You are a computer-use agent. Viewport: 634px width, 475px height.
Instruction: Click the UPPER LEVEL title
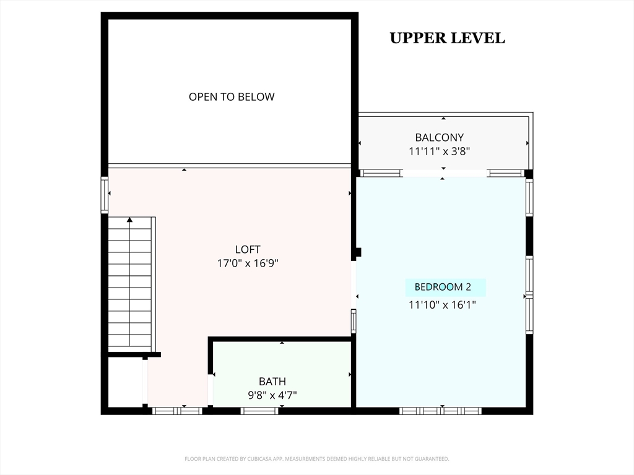[x=447, y=38]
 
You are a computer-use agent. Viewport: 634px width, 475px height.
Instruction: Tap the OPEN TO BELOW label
[x=232, y=97]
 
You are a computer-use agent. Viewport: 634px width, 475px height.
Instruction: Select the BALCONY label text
[x=440, y=138]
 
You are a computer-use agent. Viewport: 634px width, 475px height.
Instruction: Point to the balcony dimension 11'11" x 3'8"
[x=439, y=152]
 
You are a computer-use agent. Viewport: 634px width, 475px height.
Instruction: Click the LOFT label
[x=248, y=250]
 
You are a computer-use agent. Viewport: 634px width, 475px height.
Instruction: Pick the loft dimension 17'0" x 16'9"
[x=248, y=263]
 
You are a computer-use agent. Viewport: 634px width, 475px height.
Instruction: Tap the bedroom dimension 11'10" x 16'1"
[x=442, y=304]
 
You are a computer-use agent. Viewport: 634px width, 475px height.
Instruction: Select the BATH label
[x=272, y=381]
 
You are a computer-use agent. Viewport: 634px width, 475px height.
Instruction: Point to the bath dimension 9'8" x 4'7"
[x=272, y=395]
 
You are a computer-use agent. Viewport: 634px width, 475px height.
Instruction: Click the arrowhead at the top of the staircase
[x=129, y=220]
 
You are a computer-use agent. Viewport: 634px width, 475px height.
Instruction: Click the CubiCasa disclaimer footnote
[x=316, y=459]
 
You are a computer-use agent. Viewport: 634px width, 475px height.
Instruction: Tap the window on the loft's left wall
[x=104, y=195]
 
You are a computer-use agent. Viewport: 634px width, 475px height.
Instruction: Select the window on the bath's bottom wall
[x=259, y=411]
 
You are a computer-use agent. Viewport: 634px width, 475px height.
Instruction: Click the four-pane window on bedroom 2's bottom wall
[x=440, y=411]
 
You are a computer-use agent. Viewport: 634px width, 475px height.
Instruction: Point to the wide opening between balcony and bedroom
[x=445, y=173]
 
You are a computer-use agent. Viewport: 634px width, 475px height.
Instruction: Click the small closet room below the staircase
[x=125, y=382]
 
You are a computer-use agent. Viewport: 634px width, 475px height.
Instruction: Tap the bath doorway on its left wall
[x=211, y=390]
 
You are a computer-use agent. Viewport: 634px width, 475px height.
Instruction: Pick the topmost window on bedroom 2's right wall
[x=529, y=198]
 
